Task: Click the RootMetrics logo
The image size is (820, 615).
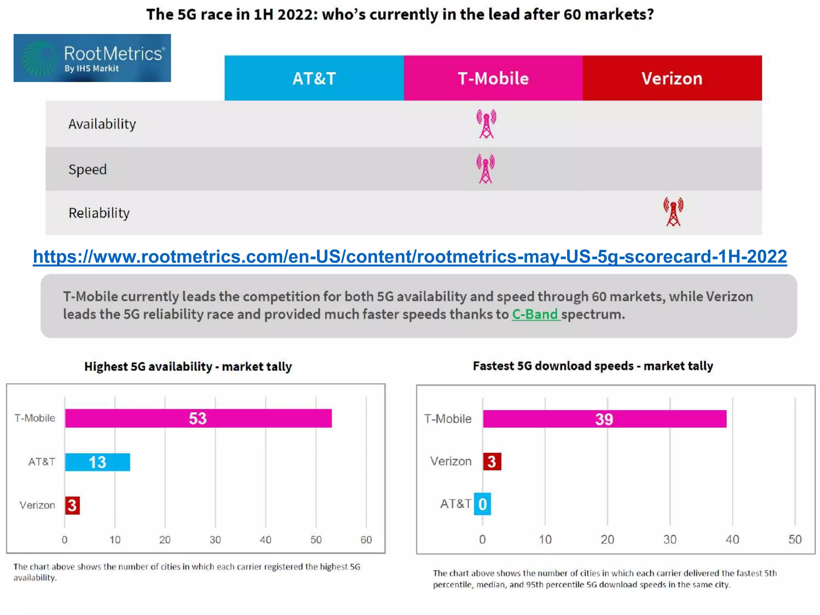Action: pos(92,58)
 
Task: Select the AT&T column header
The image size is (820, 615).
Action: pos(314,78)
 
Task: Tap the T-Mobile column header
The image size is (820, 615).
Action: pos(493,78)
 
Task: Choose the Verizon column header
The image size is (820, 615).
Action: pos(672,78)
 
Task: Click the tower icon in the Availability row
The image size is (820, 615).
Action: pos(486,124)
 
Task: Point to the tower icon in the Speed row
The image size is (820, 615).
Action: pos(485,169)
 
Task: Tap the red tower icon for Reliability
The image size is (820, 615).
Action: pos(673,212)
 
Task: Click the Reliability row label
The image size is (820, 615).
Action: pos(99,213)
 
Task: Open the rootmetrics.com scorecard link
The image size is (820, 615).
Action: pos(410,257)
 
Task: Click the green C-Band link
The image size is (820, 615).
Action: pos(535,314)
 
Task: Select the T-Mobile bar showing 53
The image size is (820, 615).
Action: pos(198,418)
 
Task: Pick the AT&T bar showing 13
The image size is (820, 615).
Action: pos(97,462)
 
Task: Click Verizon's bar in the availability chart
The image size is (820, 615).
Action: pos(72,505)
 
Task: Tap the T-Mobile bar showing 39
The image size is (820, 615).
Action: pos(604,419)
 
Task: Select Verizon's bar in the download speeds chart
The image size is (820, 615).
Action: pos(492,462)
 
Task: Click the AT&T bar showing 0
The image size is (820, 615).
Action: pos(482,504)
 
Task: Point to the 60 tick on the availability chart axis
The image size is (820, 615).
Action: pos(366,540)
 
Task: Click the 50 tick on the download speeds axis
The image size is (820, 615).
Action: pos(795,539)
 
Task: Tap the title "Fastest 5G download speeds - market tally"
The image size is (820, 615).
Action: pos(593,366)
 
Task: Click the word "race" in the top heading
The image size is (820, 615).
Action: pos(225,15)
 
